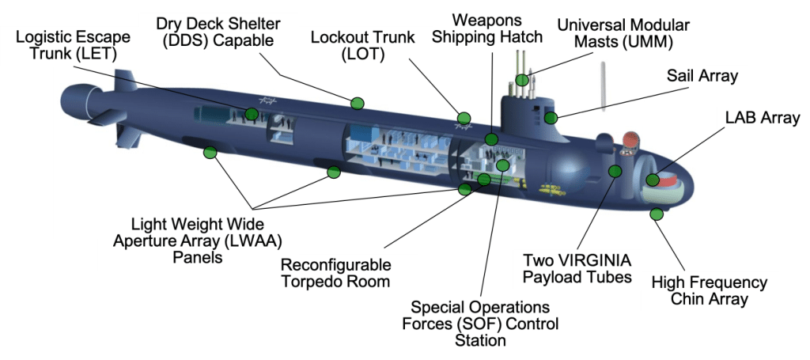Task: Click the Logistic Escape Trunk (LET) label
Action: (x=66, y=45)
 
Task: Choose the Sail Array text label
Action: (x=702, y=76)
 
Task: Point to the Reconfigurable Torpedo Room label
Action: (x=335, y=273)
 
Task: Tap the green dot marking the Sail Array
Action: (x=551, y=118)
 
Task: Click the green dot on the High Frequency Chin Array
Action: (x=656, y=214)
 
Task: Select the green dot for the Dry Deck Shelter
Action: (x=357, y=103)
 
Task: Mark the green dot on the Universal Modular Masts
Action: (x=522, y=79)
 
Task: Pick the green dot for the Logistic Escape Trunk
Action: (x=252, y=114)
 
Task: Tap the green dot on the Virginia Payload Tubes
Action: (x=615, y=171)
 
